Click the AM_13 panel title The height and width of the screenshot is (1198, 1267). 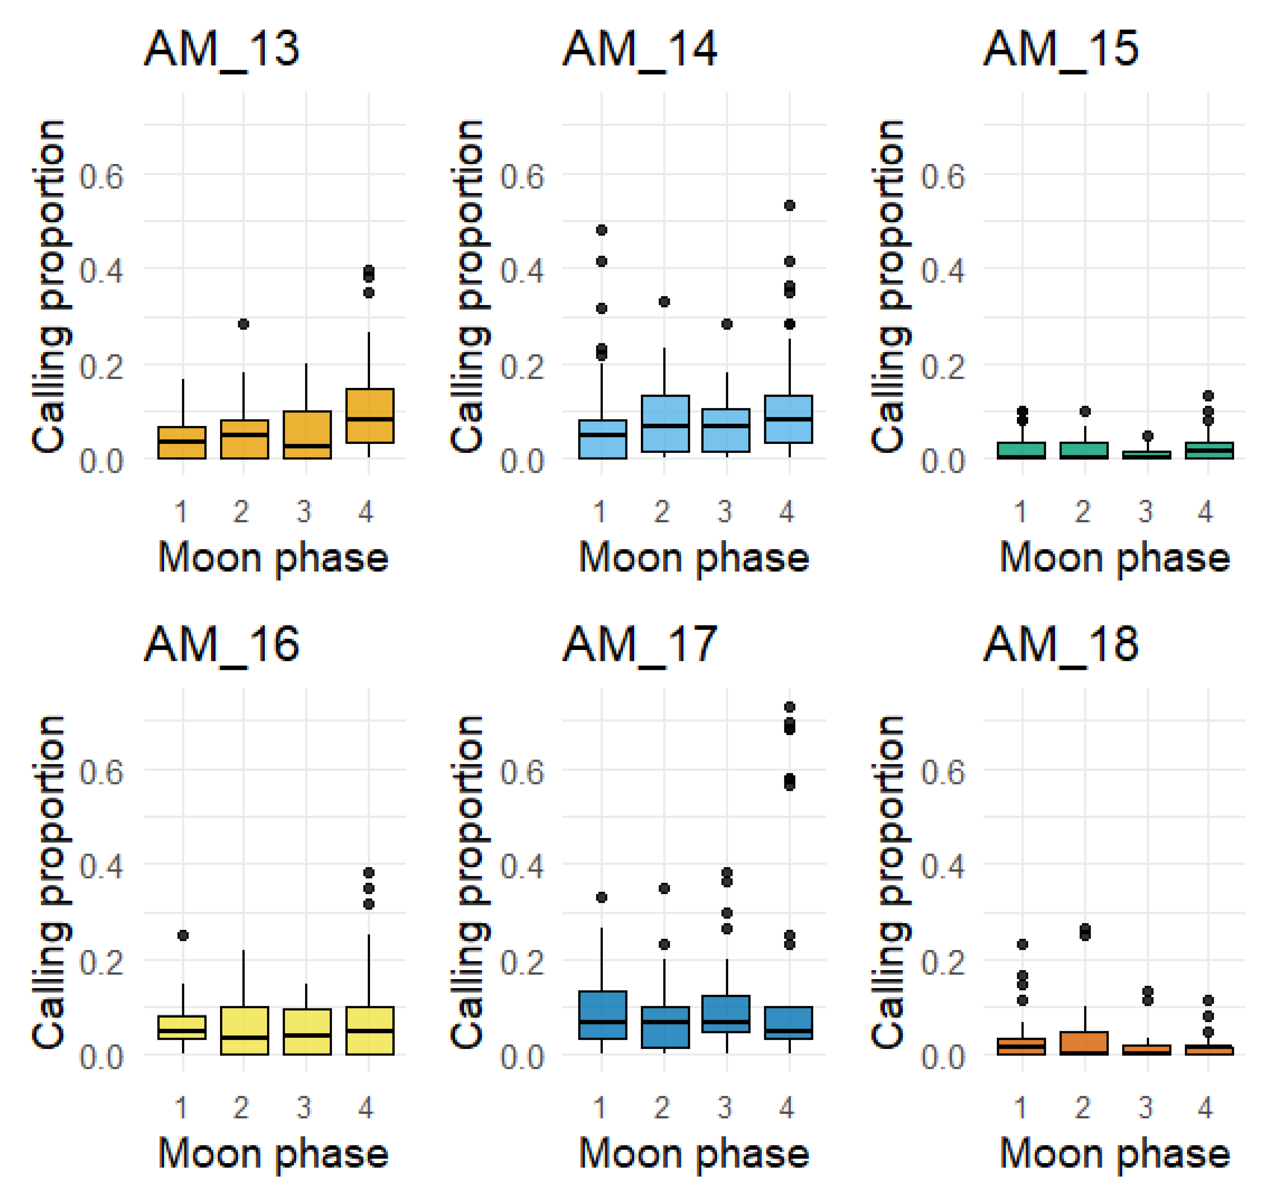[222, 49]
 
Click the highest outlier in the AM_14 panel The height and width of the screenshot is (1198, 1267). [789, 206]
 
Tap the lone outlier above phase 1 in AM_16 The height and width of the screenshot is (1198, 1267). [182, 936]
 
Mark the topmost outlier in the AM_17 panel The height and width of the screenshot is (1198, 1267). [789, 707]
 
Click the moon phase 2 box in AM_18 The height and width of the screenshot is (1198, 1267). [1085, 1043]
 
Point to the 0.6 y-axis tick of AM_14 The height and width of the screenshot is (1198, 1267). [522, 176]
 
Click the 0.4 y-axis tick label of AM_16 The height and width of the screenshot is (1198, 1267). [101, 866]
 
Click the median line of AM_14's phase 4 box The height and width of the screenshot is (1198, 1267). [789, 419]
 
